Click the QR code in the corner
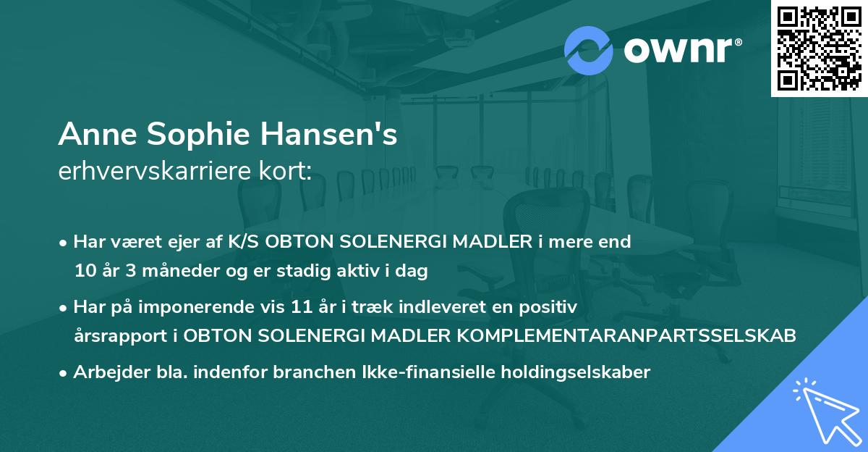819,48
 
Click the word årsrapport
118,337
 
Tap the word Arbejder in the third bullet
104,372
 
